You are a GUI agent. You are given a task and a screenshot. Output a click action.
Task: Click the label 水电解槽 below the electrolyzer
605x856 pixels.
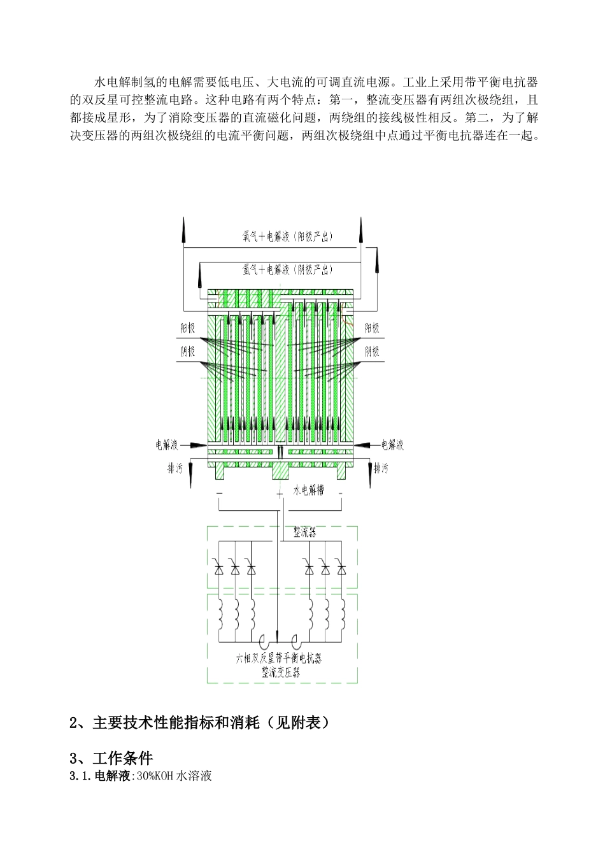point(308,491)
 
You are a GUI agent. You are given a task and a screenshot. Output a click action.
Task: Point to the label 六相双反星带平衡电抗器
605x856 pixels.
point(279,659)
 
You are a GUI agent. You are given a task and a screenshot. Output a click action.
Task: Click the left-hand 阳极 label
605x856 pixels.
point(188,329)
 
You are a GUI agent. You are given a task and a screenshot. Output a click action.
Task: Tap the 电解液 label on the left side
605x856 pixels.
point(167,445)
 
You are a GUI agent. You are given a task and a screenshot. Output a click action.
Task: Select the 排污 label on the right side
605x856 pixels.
point(381,469)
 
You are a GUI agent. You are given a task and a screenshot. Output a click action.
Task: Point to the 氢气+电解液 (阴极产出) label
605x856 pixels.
point(279,270)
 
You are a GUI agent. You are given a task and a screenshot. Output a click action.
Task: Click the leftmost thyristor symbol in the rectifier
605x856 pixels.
point(219,567)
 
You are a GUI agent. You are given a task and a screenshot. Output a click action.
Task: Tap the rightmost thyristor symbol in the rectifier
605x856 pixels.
point(342,567)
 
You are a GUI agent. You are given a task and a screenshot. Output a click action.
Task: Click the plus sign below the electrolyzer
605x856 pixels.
point(279,494)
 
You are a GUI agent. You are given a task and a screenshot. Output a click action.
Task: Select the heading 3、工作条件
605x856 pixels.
point(111,758)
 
